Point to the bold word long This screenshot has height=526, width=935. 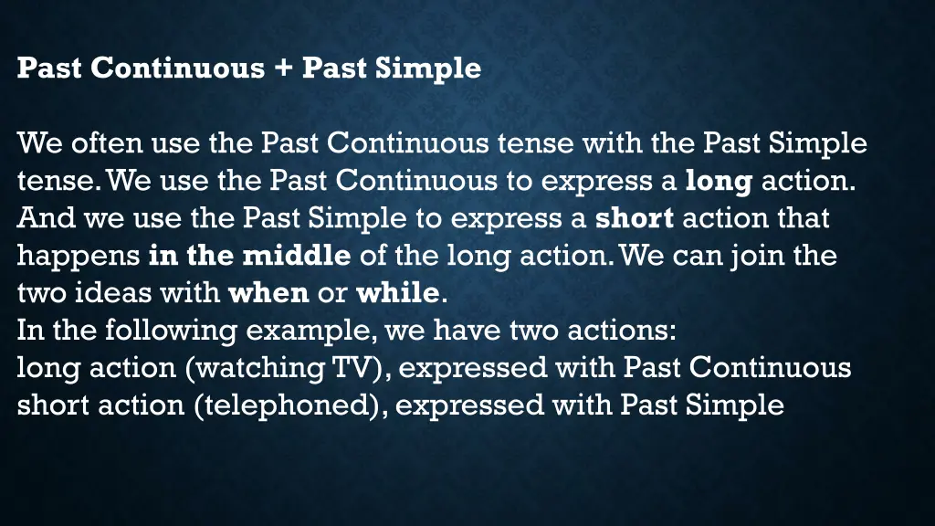coord(719,181)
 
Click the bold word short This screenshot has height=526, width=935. coord(635,218)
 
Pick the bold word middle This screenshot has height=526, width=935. coord(296,256)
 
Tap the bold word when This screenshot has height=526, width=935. coord(268,293)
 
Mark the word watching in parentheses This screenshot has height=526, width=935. coord(261,368)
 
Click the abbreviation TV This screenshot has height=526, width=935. coord(355,368)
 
